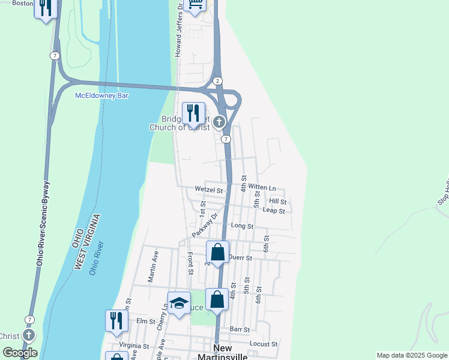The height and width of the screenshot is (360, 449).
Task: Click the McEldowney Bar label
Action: tap(101, 95)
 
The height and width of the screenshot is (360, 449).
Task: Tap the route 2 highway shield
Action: tap(217, 80)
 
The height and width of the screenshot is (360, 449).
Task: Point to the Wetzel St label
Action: tap(209, 190)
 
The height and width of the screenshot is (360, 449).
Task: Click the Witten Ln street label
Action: tap(262, 188)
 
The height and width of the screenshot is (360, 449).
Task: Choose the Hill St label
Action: tap(278, 201)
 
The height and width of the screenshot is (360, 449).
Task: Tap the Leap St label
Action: tap(277, 211)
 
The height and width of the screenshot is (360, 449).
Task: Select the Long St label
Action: tap(243, 226)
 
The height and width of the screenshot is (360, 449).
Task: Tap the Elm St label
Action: tap(142, 321)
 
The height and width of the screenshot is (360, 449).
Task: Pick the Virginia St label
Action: tap(134, 346)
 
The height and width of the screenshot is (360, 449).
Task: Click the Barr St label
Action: tap(240, 329)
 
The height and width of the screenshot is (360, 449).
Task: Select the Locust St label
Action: tap(264, 344)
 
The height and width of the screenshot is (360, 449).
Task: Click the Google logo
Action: tap(20, 352)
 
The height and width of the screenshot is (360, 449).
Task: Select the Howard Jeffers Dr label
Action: tap(178, 29)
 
